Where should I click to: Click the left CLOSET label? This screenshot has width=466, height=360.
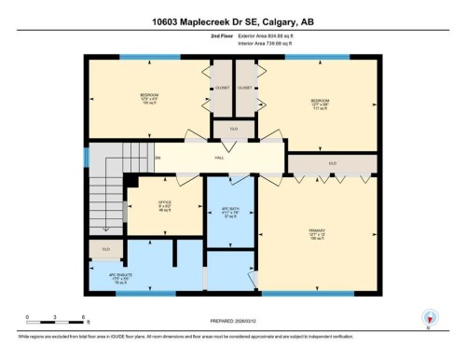pyautogui.click(x=222, y=88)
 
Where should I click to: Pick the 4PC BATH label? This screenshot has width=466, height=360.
pyautogui.click(x=230, y=210)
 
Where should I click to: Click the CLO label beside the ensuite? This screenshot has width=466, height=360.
pyautogui.click(x=106, y=249)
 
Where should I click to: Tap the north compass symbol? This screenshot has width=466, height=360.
pyautogui.click(x=430, y=317)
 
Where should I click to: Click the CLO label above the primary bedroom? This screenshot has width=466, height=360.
pyautogui.click(x=333, y=165)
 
